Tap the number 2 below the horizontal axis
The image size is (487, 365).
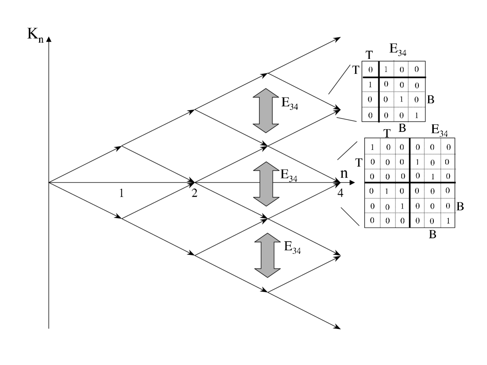click(x=194, y=193)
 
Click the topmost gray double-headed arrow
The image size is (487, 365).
click(x=266, y=110)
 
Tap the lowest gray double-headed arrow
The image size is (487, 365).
click(x=266, y=255)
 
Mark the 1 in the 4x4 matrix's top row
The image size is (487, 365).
click(x=385, y=69)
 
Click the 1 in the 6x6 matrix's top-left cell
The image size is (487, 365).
click(x=373, y=147)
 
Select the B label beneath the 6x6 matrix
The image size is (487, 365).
click(x=432, y=235)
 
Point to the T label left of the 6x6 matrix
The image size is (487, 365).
click(x=359, y=163)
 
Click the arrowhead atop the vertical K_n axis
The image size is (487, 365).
click(x=49, y=40)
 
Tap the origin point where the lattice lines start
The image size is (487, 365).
click(x=49, y=182)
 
